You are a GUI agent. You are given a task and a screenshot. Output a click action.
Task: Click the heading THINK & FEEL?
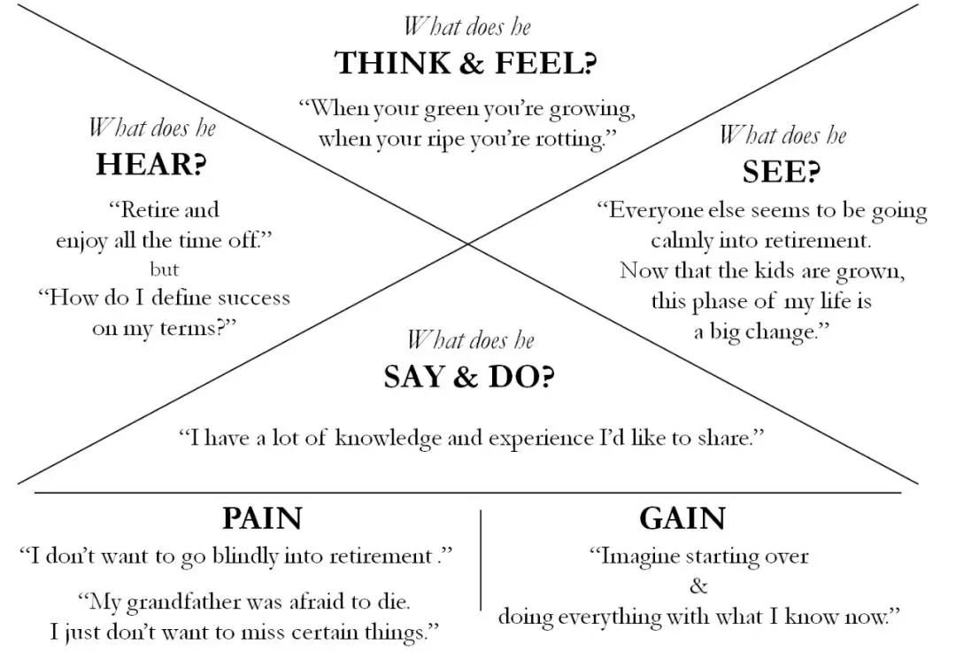click(466, 64)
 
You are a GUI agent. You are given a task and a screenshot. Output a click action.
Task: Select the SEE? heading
click(780, 171)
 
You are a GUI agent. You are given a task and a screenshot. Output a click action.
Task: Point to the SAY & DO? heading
click(469, 377)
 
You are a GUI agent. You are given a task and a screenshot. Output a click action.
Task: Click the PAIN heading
click(262, 518)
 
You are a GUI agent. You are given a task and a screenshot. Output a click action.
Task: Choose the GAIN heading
click(682, 518)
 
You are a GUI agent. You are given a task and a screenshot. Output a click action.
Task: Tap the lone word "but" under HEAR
click(164, 269)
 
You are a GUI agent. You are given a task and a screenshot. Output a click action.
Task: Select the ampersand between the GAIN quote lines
click(698, 586)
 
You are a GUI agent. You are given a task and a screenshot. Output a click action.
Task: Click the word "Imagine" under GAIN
click(638, 556)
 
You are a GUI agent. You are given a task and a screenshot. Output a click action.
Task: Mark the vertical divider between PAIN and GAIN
click(481, 559)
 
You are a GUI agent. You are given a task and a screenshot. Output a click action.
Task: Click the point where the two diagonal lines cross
click(469, 244)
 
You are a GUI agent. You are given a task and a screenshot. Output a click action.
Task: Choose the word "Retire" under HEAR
click(150, 211)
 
